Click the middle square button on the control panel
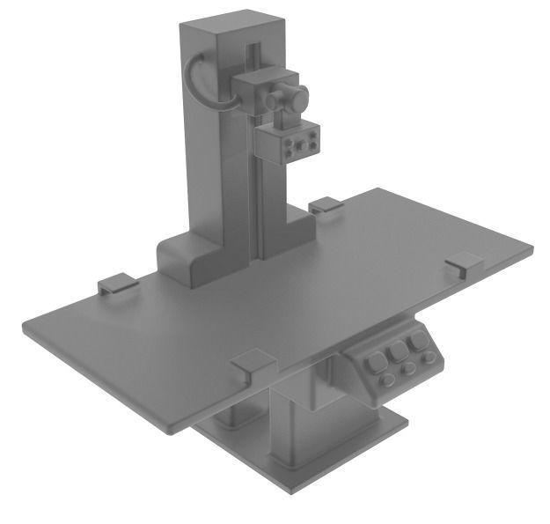400,351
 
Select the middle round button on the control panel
408,369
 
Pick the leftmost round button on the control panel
387,380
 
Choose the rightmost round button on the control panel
429,358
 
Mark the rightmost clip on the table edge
463,262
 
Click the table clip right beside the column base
325,205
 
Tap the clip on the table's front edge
253,362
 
